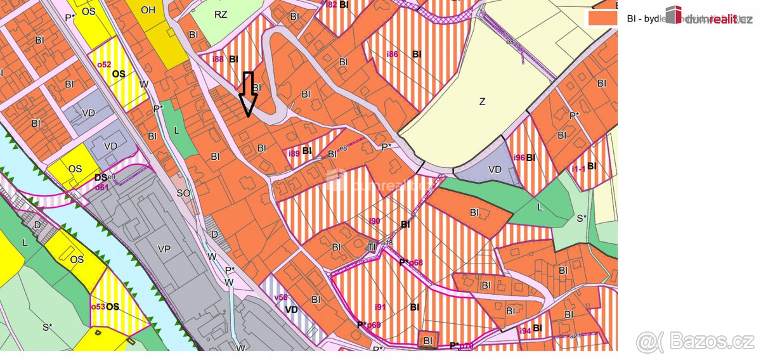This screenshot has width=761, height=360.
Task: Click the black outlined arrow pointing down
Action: pos(247,94)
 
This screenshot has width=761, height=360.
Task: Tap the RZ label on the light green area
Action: pos(221,14)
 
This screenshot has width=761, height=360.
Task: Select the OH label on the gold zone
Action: pos(148,10)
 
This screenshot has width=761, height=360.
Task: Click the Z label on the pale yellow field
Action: pos(482,101)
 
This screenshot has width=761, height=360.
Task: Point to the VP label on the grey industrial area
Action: pos(164,250)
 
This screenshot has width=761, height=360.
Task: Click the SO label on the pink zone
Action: pos(183,193)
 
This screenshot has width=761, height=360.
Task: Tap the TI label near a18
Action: pos(372,247)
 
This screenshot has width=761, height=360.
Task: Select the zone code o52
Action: pos(103,65)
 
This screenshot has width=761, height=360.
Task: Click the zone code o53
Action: pos(98,306)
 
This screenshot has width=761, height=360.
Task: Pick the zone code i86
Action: pos(392,55)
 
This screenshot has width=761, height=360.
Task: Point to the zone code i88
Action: pos(218,59)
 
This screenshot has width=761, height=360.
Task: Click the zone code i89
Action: pos(294,153)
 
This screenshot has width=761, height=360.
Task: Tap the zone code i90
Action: pos(374,221)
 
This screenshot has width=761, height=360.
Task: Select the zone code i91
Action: pos(379,307)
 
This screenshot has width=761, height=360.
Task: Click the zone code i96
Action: pos(519,157)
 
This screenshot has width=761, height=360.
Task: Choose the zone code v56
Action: pos(280,297)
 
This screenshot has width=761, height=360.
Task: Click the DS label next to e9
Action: pos(100,177)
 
